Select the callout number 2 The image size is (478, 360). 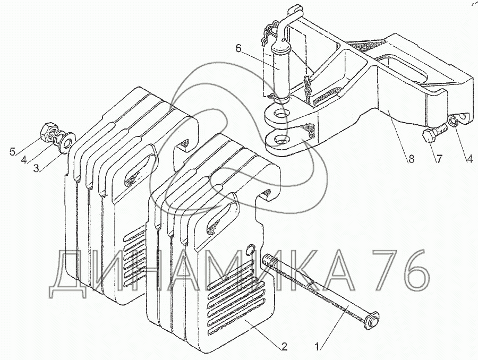(284, 348)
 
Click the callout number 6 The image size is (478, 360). (238, 49)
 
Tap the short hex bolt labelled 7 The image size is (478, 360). (432, 133)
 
